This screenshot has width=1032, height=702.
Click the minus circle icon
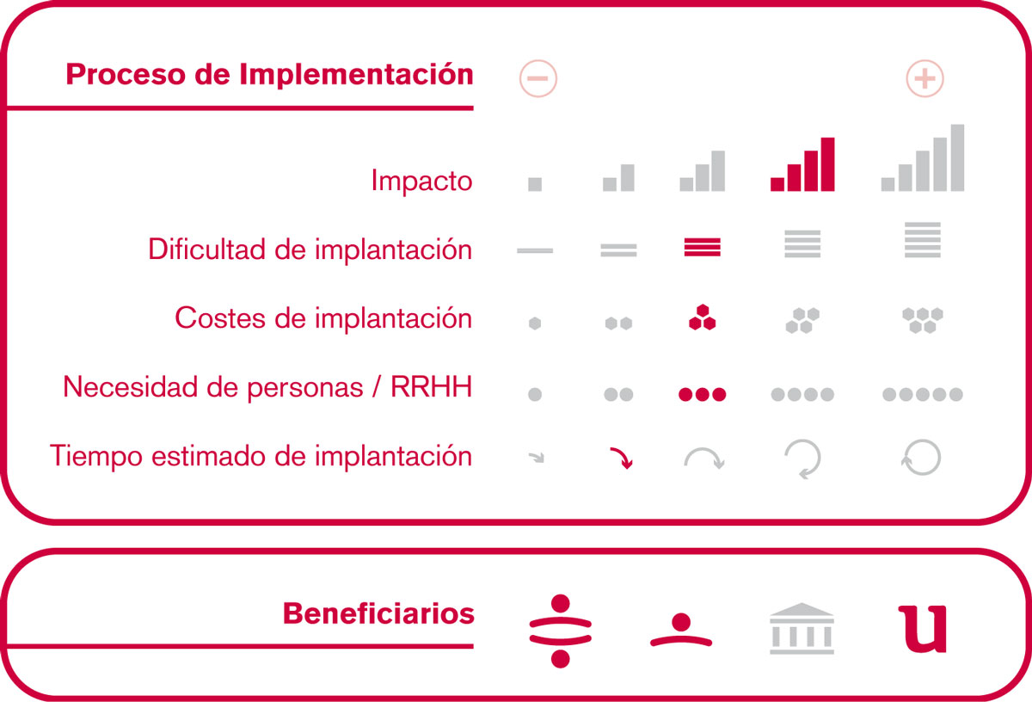pyautogui.click(x=538, y=78)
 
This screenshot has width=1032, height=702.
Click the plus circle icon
pyautogui.click(x=924, y=78)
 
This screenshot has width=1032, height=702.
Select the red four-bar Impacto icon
pyautogui.click(x=802, y=164)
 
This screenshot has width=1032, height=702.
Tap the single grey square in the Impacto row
pyautogui.click(x=535, y=184)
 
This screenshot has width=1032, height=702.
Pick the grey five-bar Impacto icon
pyautogui.click(x=922, y=157)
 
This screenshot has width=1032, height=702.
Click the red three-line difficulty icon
pyautogui.click(x=702, y=247)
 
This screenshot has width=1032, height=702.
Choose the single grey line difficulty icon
pyautogui.click(x=535, y=250)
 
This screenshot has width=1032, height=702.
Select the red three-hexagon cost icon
pyautogui.click(x=702, y=317)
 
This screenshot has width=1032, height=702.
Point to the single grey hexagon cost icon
pyautogui.click(x=535, y=323)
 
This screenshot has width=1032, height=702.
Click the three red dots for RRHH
pyautogui.click(x=702, y=394)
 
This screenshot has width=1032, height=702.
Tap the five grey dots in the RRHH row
pyautogui.click(x=922, y=394)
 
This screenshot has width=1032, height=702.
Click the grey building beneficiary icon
pyautogui.click(x=802, y=628)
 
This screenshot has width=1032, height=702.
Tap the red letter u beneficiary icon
pyautogui.click(x=922, y=629)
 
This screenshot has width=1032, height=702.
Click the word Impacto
pyautogui.click(x=421, y=182)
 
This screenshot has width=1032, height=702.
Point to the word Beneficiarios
pyautogui.click(x=378, y=613)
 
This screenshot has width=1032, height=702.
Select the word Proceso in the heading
pyautogui.click(x=126, y=74)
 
